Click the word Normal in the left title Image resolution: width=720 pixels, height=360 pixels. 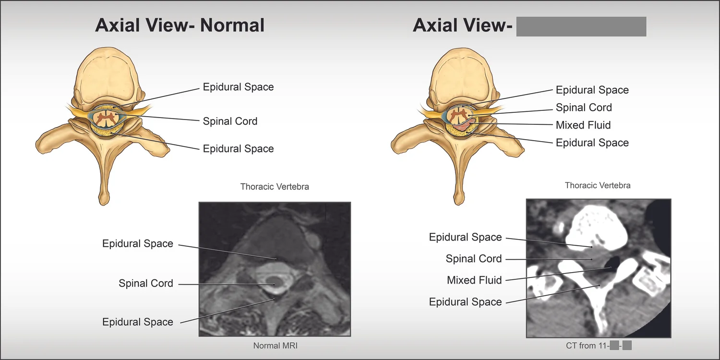pyautogui.click(x=232, y=25)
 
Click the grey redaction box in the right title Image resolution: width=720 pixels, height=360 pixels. pyautogui.click(x=581, y=26)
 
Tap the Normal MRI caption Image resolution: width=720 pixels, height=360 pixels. pyautogui.click(x=276, y=345)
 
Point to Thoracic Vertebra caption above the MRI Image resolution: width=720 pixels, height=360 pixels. pyautogui.click(x=275, y=186)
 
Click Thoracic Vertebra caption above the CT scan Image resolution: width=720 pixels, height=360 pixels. pyautogui.click(x=598, y=185)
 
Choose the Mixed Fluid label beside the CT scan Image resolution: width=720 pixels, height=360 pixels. pyautogui.click(x=474, y=280)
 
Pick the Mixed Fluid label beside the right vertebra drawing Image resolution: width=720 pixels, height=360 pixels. pyautogui.click(x=583, y=125)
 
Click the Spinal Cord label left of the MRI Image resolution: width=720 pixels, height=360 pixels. pyautogui.click(x=146, y=283)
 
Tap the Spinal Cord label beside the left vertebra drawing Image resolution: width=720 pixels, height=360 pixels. pyautogui.click(x=230, y=121)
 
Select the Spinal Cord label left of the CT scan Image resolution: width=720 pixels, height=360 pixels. pyautogui.click(x=474, y=259)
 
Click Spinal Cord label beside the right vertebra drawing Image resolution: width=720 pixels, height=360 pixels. pyautogui.click(x=584, y=108)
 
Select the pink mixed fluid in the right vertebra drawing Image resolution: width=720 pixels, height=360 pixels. pyautogui.click(x=466, y=124)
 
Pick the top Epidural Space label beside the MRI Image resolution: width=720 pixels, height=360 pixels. pyautogui.click(x=138, y=244)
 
